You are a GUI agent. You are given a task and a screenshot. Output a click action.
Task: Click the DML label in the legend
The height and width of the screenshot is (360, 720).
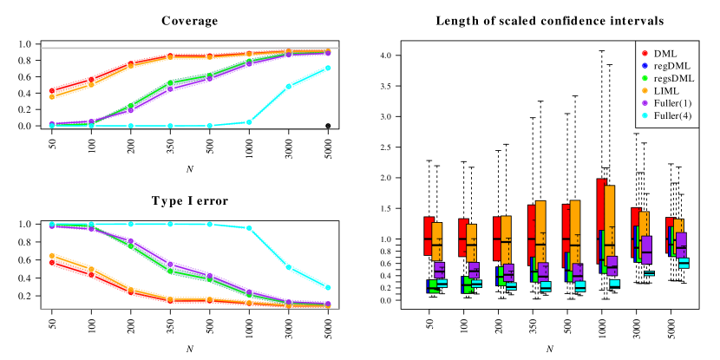click(x=666, y=54)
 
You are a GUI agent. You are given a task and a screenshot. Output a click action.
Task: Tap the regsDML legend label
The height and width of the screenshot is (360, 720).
click(x=673, y=78)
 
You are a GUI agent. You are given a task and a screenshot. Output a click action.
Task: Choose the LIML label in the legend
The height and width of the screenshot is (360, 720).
click(x=667, y=90)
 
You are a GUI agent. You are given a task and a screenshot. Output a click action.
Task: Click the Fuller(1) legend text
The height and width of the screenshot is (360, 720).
click(x=673, y=102)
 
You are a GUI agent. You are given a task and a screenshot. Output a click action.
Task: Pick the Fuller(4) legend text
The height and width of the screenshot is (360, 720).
click(x=673, y=115)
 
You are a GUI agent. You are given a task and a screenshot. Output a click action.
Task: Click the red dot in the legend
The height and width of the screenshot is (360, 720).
click(x=645, y=54)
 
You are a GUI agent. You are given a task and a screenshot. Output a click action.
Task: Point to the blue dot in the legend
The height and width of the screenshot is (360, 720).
click(x=645, y=66)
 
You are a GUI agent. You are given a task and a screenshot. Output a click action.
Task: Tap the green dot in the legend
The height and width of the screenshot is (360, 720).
click(x=645, y=78)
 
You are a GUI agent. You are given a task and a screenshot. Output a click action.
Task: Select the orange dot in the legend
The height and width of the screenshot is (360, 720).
click(x=645, y=90)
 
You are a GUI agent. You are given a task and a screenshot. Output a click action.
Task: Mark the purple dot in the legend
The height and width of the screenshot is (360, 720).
click(x=645, y=102)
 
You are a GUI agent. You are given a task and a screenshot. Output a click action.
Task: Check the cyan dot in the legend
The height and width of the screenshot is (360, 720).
click(x=645, y=115)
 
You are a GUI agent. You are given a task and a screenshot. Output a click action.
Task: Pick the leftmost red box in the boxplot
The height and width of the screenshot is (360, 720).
click(x=429, y=235)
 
